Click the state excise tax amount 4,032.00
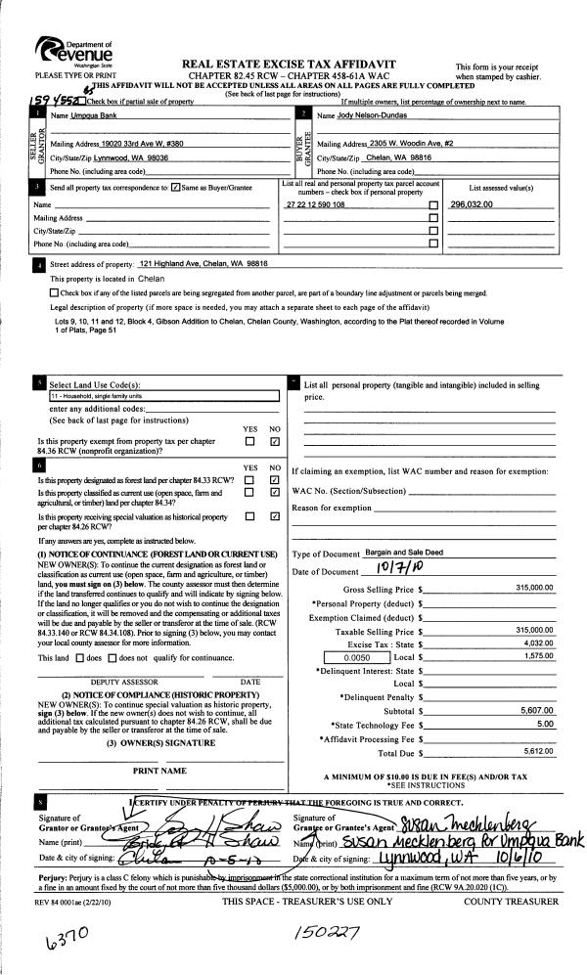coord(538,644)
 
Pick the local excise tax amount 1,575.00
coord(538,659)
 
